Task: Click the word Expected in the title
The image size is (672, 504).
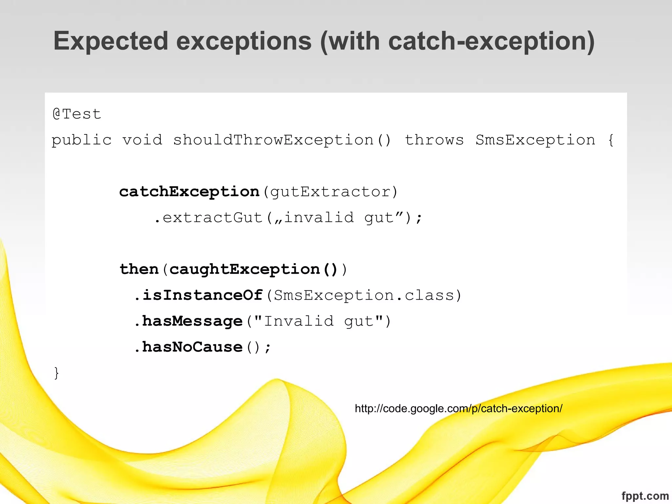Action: pyautogui.click(x=111, y=41)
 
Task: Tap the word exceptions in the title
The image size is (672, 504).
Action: pyautogui.click(x=244, y=41)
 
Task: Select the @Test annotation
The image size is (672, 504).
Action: pyautogui.click(x=77, y=114)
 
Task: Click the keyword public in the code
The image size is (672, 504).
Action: pyautogui.click(x=82, y=140)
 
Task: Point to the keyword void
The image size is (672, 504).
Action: pyautogui.click(x=142, y=140)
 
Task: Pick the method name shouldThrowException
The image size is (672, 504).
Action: pyautogui.click(x=273, y=140)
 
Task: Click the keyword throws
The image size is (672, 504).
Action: pyautogui.click(x=434, y=140)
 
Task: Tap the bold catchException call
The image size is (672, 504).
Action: pyautogui.click(x=189, y=192)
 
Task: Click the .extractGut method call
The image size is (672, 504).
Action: pyautogui.click(x=209, y=218)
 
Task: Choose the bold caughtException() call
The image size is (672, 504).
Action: pyautogui.click(x=253, y=270)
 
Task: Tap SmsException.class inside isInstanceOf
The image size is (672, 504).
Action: pyautogui.click(x=364, y=295)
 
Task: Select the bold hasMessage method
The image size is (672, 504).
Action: pyautogui.click(x=192, y=321)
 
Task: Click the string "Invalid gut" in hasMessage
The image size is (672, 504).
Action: pyautogui.click(x=318, y=321)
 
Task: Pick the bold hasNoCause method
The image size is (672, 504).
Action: pyautogui.click(x=192, y=347)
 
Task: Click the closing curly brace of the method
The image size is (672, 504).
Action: pyautogui.click(x=56, y=373)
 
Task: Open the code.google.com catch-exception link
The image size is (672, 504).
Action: pyautogui.click(x=459, y=409)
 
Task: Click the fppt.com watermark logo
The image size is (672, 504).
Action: pyautogui.click(x=645, y=496)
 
